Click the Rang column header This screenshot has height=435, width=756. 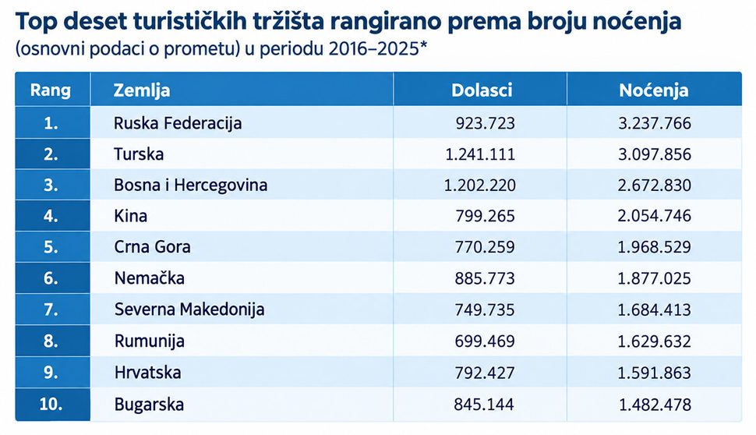point(51,90)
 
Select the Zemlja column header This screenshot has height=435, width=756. point(142,90)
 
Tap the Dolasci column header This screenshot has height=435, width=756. point(482,90)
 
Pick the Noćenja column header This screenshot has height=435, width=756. point(654,90)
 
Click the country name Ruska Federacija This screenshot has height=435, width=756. point(178,123)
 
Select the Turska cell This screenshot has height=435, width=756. point(139,154)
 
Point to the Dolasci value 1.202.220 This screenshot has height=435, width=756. point(480,186)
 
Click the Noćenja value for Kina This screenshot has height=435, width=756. point(654,216)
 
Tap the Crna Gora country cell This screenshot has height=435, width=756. point(152,247)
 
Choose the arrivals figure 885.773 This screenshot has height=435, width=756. point(485,278)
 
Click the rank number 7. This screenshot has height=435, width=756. point(51,309)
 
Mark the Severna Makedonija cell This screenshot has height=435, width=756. point(189,309)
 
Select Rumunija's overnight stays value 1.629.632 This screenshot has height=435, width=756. point(654,341)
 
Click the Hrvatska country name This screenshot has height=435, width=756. point(147,373)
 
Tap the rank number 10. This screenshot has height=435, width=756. point(51,404)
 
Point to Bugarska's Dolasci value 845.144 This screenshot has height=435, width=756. point(484,404)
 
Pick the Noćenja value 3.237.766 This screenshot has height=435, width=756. point(655,123)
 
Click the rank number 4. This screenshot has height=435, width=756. point(51,216)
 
